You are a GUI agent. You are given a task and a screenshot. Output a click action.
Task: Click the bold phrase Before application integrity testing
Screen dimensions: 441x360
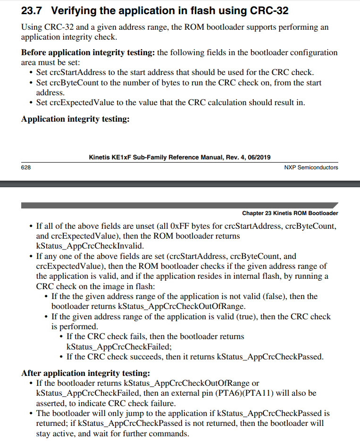(x=88, y=52)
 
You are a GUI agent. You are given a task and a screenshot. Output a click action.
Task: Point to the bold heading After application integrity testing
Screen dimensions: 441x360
(x=85, y=373)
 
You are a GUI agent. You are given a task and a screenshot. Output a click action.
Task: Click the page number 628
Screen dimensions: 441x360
(x=25, y=167)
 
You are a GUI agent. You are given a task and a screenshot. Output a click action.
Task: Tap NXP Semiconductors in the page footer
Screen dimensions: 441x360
(x=311, y=167)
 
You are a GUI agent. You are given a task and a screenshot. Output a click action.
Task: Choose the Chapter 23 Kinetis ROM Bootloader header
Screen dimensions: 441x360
(x=290, y=213)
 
